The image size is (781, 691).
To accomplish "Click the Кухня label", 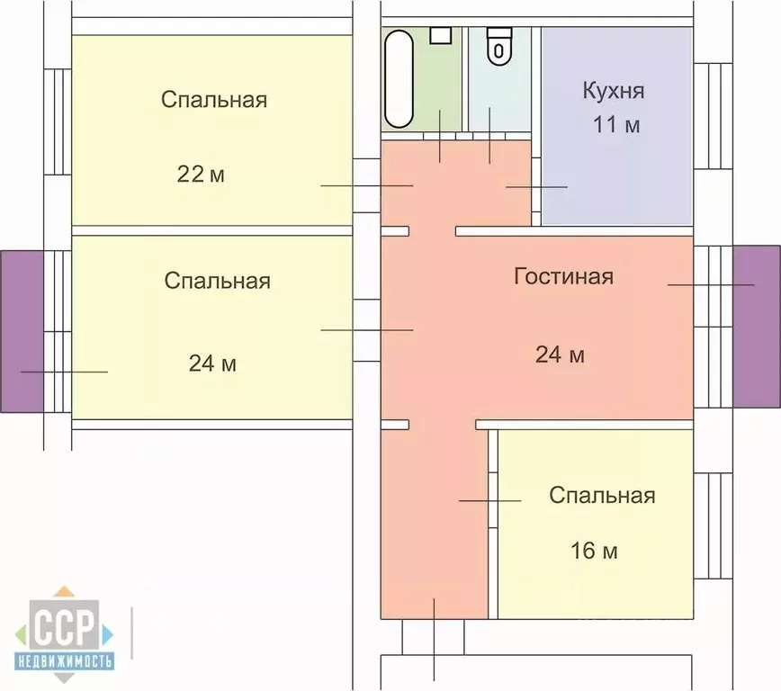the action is tap(613, 90).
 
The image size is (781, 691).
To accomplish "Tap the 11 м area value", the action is tap(616, 124).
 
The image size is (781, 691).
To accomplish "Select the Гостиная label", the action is tap(563, 276).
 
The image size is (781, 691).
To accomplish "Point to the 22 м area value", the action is tap(201, 175).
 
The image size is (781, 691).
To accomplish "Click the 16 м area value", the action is tap(594, 551).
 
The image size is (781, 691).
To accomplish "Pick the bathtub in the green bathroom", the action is tap(399, 78).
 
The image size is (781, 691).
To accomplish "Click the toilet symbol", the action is tap(499, 46).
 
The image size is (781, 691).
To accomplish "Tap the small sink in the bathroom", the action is tap(441, 35).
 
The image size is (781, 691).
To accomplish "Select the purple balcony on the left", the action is tap(22, 331).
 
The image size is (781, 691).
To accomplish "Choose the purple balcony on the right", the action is tap(757, 327).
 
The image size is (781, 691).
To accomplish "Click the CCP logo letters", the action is tap(64, 625).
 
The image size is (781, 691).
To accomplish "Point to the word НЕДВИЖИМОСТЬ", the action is tap(64, 661).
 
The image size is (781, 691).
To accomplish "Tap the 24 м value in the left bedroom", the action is tap(212, 363).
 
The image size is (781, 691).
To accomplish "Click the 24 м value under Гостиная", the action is tap(560, 354).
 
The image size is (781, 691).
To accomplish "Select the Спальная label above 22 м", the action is tap(214, 100).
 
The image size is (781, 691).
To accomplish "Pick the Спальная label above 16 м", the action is tap(602, 496).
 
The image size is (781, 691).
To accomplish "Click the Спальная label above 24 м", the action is tap(217, 281).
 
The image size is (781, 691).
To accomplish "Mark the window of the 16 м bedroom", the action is tap(713, 525).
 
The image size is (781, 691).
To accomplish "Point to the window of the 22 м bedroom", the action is tap(58, 121).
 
